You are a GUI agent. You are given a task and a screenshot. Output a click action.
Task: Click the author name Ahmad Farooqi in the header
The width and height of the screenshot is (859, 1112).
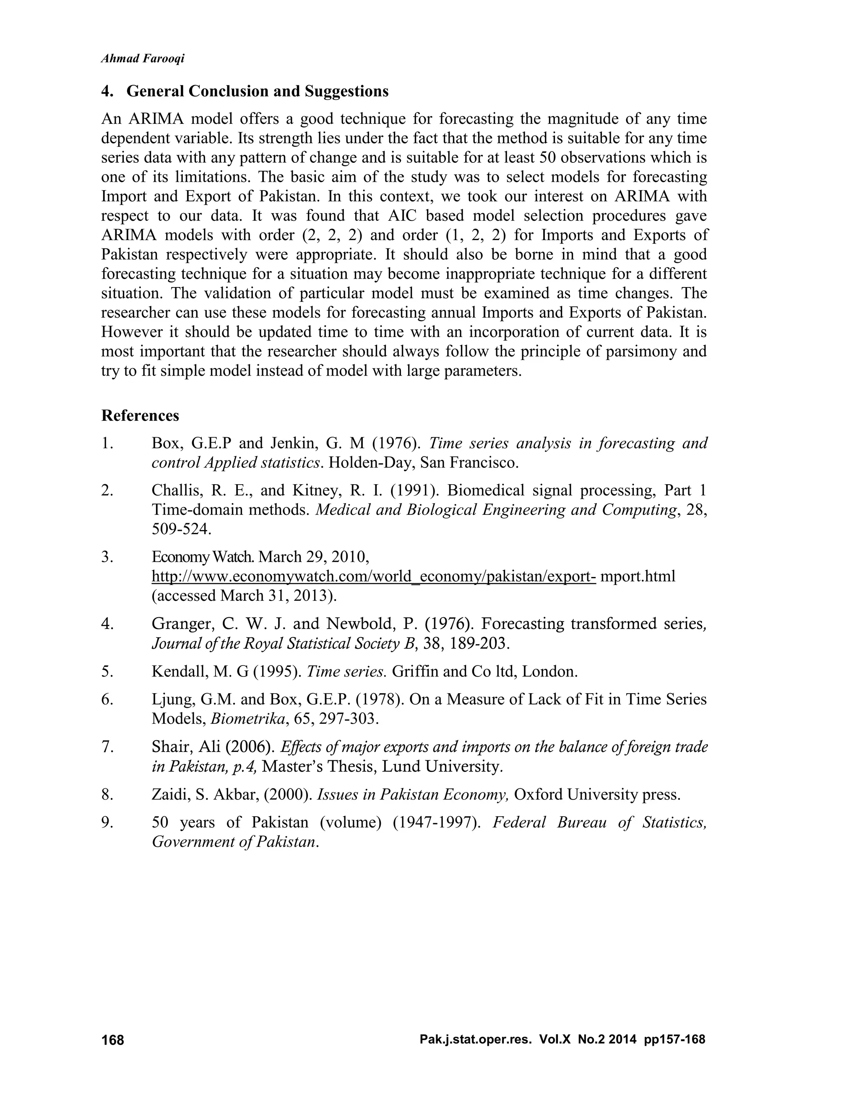[143, 59]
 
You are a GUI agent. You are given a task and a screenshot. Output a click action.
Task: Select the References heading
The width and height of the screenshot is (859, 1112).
[141, 415]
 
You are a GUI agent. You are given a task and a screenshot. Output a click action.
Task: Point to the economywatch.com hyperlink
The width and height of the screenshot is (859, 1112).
[374, 577]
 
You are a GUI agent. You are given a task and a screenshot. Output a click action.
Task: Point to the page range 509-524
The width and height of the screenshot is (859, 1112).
[181, 530]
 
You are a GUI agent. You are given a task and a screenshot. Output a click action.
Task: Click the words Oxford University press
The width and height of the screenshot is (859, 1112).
[597, 794]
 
